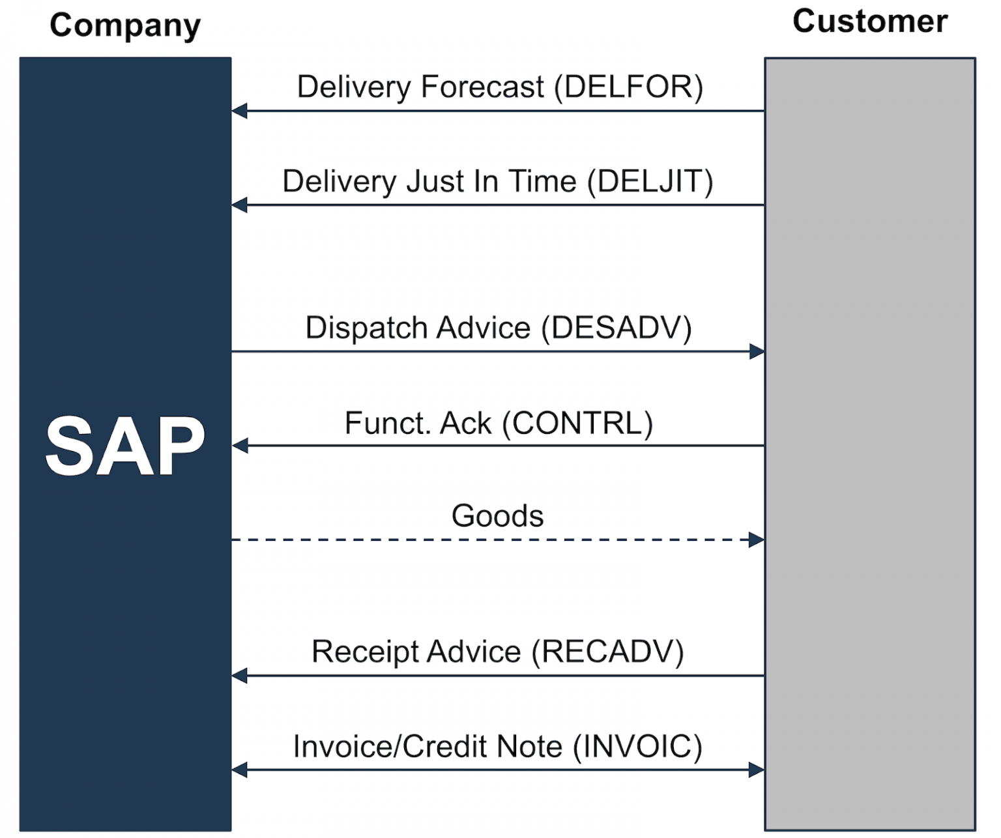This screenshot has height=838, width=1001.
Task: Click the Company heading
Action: (x=125, y=25)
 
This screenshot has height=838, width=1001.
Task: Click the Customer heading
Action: (x=869, y=22)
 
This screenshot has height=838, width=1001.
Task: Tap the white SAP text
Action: (x=125, y=446)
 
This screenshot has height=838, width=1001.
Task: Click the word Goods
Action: (x=497, y=516)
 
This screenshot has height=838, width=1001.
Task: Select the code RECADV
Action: (x=607, y=652)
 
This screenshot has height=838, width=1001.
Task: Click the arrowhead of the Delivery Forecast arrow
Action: (x=239, y=111)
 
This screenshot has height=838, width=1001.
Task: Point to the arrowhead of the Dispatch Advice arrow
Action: (x=757, y=352)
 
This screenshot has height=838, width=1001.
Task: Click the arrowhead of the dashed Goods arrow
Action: (x=757, y=540)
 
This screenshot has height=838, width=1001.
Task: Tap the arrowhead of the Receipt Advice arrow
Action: (x=239, y=676)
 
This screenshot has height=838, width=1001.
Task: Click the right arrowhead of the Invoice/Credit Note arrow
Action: (x=757, y=770)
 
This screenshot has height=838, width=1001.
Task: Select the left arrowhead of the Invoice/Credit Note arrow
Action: (x=239, y=770)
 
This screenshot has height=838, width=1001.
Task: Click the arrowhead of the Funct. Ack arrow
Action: (x=239, y=446)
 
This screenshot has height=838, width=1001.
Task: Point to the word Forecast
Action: (x=482, y=87)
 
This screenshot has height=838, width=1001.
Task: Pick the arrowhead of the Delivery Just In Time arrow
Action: (x=239, y=205)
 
